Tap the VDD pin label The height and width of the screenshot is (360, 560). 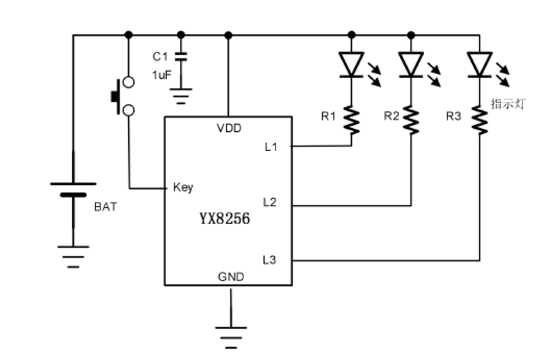229,128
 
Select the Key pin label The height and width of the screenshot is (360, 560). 183,188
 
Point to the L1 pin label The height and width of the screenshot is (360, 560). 270,147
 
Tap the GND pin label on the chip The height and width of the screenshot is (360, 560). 231,277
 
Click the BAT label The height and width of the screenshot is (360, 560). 106,207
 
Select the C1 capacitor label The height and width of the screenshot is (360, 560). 161,56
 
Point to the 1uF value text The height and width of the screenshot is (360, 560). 161,75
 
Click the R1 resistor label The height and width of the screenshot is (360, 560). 328,116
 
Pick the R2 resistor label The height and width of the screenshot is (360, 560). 391,116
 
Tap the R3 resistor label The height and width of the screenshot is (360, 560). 454,116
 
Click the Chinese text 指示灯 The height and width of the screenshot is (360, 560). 507,103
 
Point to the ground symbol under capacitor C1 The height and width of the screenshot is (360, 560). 181,96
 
